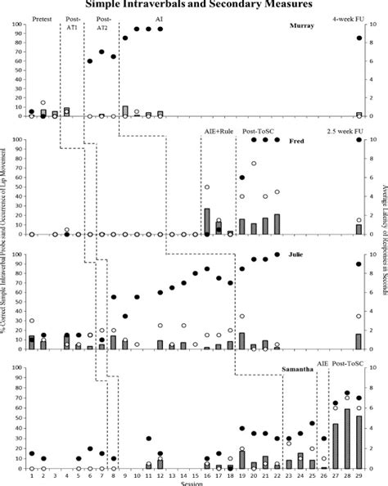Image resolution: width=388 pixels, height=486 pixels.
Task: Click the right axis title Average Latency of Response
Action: tap(383, 245)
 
